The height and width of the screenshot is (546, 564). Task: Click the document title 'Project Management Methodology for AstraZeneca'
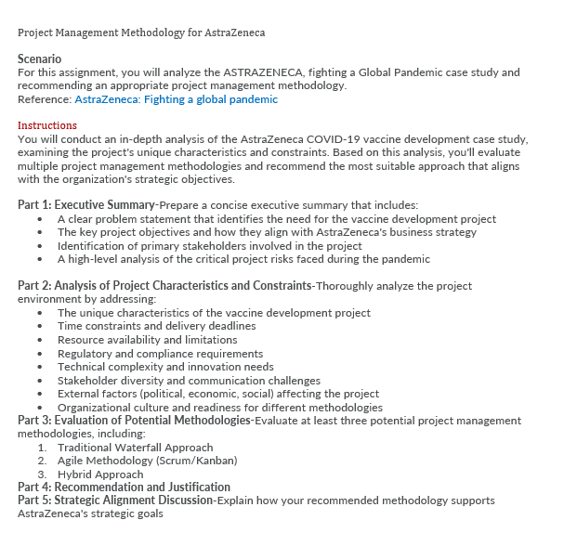[141, 32]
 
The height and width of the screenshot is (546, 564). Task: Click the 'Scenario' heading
[39, 58]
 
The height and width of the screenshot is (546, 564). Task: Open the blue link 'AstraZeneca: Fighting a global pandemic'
[176, 99]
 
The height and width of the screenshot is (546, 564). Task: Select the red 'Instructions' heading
[47, 125]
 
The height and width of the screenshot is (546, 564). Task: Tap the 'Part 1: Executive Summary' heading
[86, 205]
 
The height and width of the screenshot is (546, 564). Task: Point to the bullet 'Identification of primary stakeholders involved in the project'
[209, 246]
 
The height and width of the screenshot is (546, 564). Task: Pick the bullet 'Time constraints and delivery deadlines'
[156, 326]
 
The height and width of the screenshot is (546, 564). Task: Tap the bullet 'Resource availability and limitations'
[147, 340]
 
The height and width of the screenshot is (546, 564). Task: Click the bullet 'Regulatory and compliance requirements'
[160, 354]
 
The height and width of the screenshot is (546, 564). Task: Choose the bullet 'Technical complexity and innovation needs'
[165, 367]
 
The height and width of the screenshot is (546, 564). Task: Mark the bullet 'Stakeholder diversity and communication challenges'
[189, 380]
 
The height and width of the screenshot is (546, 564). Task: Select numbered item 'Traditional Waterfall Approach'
[135, 448]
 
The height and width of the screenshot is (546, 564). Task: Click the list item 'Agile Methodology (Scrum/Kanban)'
[147, 461]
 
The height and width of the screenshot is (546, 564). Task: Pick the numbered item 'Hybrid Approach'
[100, 474]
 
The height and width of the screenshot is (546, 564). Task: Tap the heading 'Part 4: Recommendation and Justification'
[124, 487]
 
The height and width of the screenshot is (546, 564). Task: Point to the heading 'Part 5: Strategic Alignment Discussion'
[114, 500]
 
